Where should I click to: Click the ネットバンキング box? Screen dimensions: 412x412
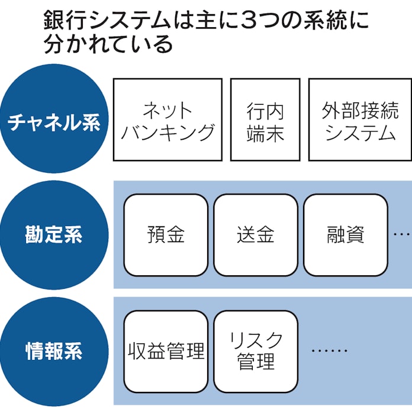(x=168, y=120)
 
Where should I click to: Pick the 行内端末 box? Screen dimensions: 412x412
(x=265, y=120)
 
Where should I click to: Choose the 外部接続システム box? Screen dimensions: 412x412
(x=360, y=120)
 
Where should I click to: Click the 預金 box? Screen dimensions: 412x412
(x=166, y=235)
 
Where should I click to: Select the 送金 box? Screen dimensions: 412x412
(x=256, y=235)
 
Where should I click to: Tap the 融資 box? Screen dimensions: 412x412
(x=346, y=235)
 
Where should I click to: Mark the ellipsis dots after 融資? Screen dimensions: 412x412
(x=402, y=235)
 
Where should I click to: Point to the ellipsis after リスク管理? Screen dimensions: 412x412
(x=329, y=351)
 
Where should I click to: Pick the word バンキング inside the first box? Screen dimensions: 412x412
(x=168, y=131)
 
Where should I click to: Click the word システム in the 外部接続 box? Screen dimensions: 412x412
(x=360, y=131)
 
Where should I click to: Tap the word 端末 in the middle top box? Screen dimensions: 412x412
(x=265, y=131)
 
